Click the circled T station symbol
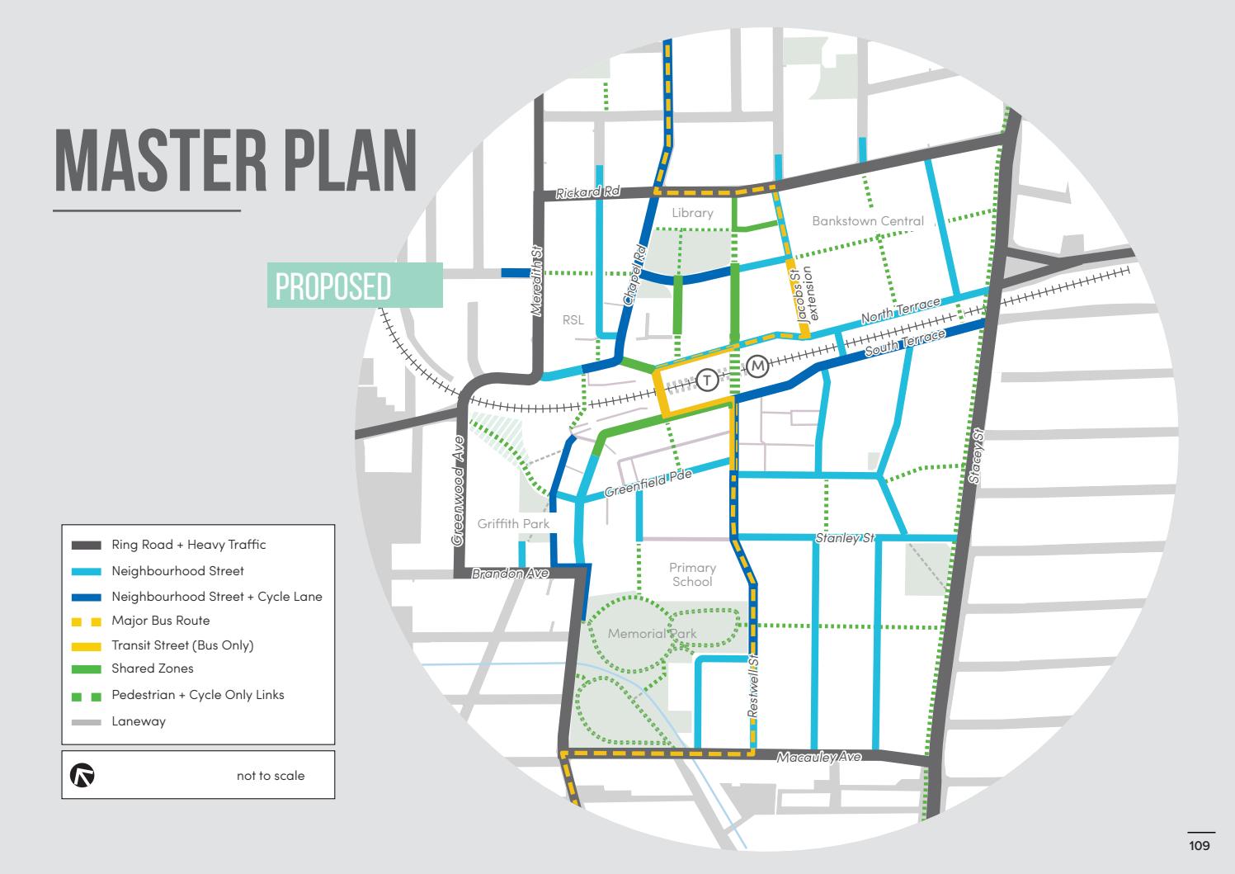pyautogui.click(x=707, y=380)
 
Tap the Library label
pyautogui.click(x=691, y=213)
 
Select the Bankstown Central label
pyautogui.click(x=868, y=221)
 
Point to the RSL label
pyautogui.click(x=573, y=320)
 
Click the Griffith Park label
pyautogui.click(x=513, y=524)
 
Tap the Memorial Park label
pyautogui.click(x=652, y=634)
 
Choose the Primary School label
pyautogui.click(x=692, y=574)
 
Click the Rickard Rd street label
pyautogui.click(x=587, y=193)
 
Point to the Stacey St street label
pyautogui.click(x=978, y=456)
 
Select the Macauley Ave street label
pyautogui.click(x=819, y=757)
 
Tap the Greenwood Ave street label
pyautogui.click(x=459, y=491)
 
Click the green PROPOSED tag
pyautogui.click(x=355, y=286)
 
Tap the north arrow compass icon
pyautogui.click(x=82, y=775)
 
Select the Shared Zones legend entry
pyautogui.click(x=152, y=668)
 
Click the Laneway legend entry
pyautogui.click(x=139, y=721)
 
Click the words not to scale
pyautogui.click(x=271, y=776)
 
